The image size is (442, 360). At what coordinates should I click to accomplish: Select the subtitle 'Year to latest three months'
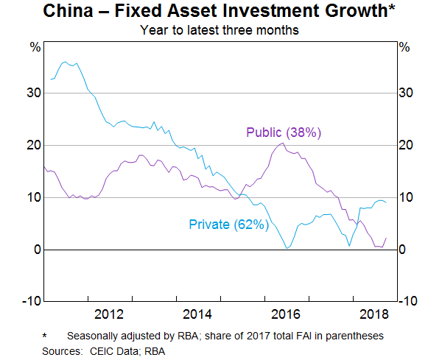(x=220, y=31)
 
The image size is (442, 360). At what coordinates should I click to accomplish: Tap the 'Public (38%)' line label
(x=284, y=133)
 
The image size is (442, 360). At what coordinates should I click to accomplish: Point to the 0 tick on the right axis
(x=402, y=250)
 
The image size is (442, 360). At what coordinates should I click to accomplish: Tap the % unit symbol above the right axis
(x=404, y=46)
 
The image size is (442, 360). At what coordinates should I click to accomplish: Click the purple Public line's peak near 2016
(x=283, y=143)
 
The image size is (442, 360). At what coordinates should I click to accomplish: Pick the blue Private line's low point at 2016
(x=287, y=248)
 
